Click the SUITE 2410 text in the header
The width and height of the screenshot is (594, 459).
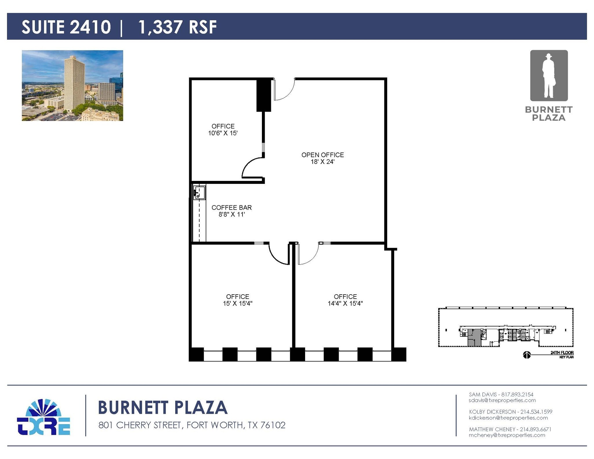tap(66, 27)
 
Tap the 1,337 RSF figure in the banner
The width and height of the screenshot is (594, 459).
tap(178, 27)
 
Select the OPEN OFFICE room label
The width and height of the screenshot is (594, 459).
tap(323, 155)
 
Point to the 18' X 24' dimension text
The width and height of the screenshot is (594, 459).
tap(323, 162)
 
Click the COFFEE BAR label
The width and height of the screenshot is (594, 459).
tap(231, 208)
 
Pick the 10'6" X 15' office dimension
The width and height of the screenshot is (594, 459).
tap(223, 133)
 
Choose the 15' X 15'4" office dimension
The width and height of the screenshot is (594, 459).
tap(238, 304)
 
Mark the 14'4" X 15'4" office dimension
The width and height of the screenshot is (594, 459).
tap(345, 304)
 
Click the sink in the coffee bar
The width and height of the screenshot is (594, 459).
tap(200, 193)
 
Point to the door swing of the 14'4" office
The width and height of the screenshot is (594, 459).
tap(308, 254)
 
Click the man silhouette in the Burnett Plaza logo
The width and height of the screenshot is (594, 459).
tap(548, 76)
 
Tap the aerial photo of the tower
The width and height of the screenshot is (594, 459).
tap(72, 86)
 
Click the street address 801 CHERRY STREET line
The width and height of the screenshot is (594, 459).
tap(192, 425)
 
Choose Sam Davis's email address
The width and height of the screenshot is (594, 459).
tap(502, 400)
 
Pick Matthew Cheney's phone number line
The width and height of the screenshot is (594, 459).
tap(510, 429)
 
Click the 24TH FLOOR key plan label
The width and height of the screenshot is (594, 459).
tap(562, 353)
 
